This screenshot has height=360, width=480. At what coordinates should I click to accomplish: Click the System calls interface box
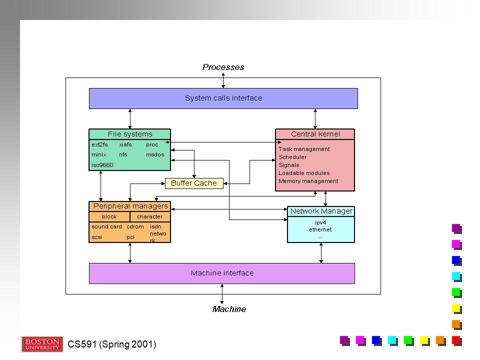tap(223, 98)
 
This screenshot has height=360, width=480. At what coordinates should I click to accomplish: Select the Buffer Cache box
tap(194, 183)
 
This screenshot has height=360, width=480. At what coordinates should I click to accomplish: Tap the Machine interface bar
tap(222, 273)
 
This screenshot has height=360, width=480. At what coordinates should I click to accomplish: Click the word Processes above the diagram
tap(223, 67)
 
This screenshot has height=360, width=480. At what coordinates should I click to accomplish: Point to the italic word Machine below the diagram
tap(229, 309)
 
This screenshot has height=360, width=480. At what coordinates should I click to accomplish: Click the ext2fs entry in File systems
tap(99, 144)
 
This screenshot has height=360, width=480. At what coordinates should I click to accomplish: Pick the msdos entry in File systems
tap(155, 154)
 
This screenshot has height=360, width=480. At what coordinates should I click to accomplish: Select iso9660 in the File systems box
tap(102, 165)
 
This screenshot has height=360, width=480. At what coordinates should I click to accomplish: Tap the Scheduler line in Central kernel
tap(292, 157)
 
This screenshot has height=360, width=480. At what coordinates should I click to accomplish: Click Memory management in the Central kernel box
tap(308, 181)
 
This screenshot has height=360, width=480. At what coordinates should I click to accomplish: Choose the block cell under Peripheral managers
tap(109, 216)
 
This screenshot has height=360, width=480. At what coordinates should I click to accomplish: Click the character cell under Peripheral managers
tap(150, 216)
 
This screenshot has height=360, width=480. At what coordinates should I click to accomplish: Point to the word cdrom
tap(135, 226)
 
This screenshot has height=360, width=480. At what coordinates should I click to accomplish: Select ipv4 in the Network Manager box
tap(320, 222)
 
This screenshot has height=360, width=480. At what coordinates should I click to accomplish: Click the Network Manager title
tap(321, 211)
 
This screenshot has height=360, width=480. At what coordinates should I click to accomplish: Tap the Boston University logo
tap(42, 344)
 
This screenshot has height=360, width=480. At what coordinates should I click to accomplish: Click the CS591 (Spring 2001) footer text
tap(111, 344)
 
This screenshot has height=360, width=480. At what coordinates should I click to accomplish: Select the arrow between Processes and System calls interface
tap(223, 80)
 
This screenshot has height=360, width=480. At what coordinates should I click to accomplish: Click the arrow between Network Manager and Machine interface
tap(321, 253)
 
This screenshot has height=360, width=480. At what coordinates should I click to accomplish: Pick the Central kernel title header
tap(315, 134)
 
